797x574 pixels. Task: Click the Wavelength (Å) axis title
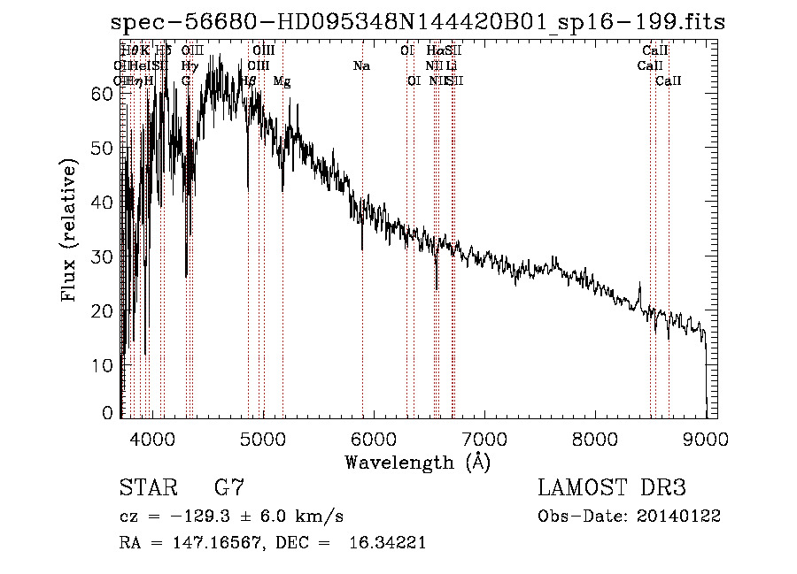point(417,462)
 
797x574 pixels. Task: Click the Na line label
point(361,66)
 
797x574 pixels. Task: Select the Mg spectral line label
point(282,81)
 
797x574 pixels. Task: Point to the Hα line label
point(435,51)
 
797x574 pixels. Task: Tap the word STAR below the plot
point(147,487)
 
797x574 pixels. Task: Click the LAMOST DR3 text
point(612,487)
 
